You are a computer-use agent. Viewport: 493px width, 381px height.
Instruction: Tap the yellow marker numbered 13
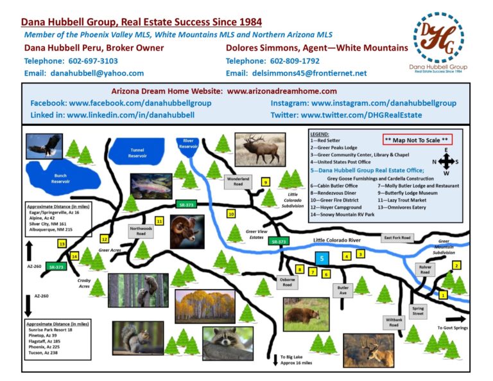(62, 226)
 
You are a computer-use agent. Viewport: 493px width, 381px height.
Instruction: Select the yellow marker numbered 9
(266, 182)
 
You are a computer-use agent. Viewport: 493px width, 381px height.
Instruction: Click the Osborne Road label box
(287, 281)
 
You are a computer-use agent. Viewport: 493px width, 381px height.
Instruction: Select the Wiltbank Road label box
(394, 322)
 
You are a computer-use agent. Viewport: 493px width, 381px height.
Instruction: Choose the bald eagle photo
(44, 147)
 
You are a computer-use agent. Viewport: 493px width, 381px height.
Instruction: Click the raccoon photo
(228, 342)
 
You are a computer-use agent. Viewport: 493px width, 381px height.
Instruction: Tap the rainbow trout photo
(151, 186)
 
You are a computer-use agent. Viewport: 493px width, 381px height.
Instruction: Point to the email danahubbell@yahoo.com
(97, 73)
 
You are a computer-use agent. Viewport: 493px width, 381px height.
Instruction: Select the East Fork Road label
(397, 238)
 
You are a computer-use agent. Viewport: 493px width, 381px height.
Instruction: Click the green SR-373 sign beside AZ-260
(56, 266)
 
